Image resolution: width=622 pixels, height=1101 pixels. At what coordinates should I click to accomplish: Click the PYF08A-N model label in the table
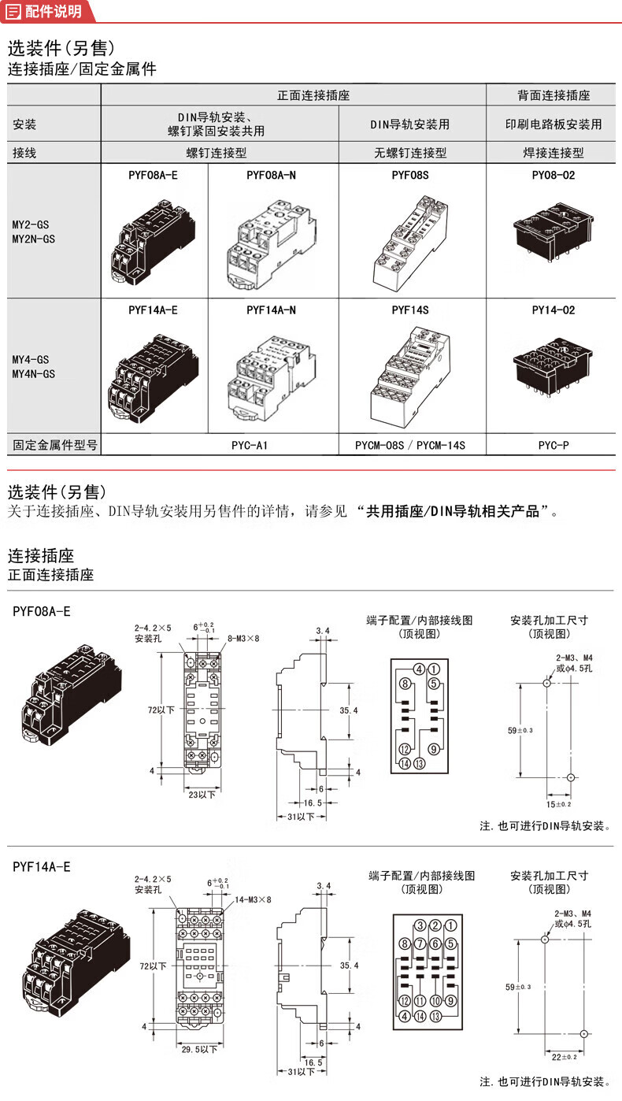click(271, 176)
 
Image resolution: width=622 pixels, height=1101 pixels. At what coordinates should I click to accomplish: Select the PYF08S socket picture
click(410, 243)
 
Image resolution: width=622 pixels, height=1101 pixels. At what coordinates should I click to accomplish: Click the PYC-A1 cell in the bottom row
click(250, 445)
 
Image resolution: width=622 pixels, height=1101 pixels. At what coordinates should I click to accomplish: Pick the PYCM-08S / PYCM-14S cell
click(410, 445)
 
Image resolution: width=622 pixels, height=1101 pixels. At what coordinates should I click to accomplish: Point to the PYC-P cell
click(554, 445)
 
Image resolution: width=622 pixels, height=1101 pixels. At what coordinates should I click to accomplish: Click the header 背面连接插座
click(554, 95)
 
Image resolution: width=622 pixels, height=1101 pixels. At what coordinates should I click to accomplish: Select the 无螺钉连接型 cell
click(410, 153)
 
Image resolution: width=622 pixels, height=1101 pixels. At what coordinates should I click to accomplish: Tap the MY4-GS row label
click(31, 359)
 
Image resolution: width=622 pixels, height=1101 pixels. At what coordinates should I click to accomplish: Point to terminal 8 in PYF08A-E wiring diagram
click(405, 684)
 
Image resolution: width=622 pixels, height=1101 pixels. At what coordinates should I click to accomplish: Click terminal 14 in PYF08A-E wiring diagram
click(405, 763)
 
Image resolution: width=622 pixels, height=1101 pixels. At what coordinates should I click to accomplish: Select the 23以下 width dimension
click(202, 795)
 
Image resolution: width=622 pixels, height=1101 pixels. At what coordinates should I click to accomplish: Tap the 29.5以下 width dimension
click(199, 1049)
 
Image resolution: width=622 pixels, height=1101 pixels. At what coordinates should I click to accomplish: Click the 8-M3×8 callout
click(243, 639)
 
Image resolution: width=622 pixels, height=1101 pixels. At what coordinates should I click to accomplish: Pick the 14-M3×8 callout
click(253, 899)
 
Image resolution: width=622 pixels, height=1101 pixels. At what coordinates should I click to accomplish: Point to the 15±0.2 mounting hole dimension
click(559, 804)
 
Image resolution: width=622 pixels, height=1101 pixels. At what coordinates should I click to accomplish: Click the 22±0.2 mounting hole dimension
click(565, 1057)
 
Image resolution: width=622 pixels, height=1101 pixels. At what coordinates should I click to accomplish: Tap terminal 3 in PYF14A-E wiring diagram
click(420, 926)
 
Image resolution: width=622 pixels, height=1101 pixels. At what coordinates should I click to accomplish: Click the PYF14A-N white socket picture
click(271, 378)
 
